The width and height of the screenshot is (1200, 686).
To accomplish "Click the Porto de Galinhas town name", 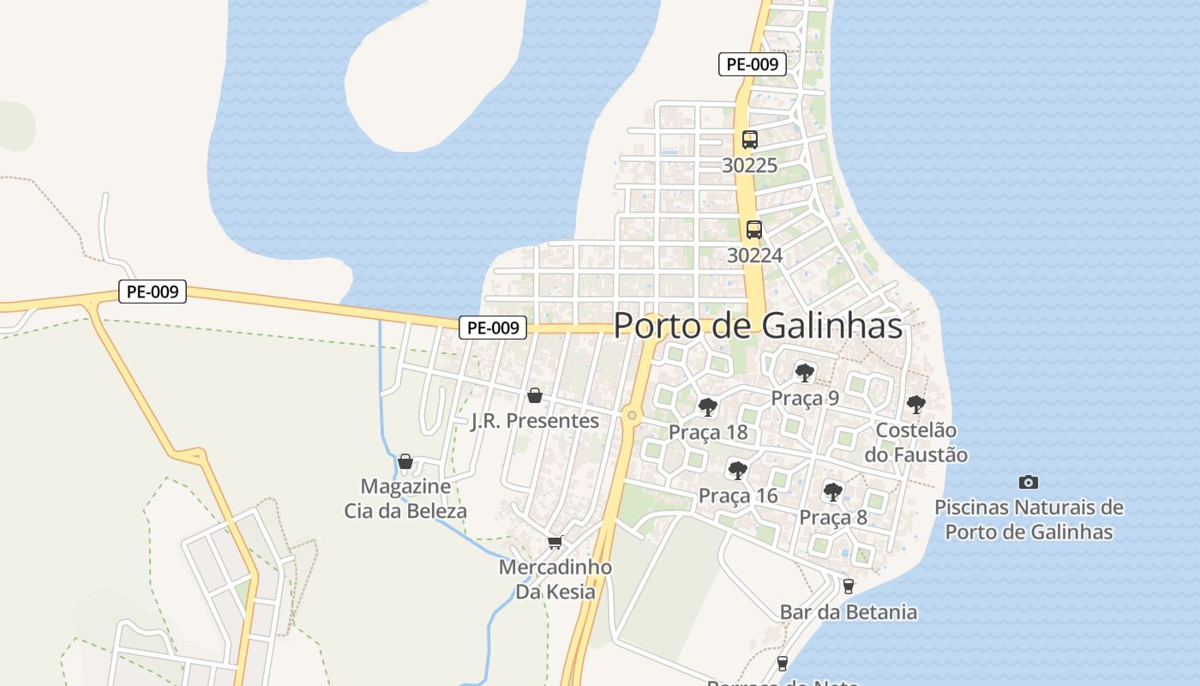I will (x=758, y=326).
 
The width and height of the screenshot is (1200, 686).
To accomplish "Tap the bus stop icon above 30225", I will (x=750, y=139).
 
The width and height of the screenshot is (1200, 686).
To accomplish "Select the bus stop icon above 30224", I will (x=754, y=230).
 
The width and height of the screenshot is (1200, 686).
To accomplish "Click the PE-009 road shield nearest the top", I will (x=752, y=64).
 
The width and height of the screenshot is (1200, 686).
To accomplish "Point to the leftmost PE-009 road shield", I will (x=152, y=292).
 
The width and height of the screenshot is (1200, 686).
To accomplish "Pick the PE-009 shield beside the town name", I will (x=493, y=327).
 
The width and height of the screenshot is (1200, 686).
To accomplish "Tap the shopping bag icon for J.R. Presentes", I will (x=535, y=395).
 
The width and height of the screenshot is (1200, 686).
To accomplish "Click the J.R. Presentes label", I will (x=535, y=421).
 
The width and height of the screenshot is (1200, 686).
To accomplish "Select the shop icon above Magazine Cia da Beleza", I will (x=405, y=461).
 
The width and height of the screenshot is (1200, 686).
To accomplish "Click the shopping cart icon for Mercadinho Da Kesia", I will (x=555, y=542).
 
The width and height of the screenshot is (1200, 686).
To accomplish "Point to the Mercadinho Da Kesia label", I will (x=555, y=579).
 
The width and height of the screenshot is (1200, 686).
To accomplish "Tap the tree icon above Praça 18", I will (x=708, y=406).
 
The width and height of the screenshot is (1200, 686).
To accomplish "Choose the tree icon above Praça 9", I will (x=805, y=372).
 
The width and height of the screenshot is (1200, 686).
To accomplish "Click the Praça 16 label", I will (x=738, y=496).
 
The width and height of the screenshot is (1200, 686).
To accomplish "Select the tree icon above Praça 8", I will (x=833, y=491).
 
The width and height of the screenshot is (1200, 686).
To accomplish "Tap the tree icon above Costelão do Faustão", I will (x=916, y=404).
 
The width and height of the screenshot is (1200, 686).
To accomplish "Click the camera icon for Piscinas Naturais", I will (x=1029, y=482).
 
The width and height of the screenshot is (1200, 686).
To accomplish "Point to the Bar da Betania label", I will (x=849, y=612).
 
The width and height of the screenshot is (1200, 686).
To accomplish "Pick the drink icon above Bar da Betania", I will (x=849, y=587).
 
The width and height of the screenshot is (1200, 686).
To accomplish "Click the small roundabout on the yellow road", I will (x=633, y=416).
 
